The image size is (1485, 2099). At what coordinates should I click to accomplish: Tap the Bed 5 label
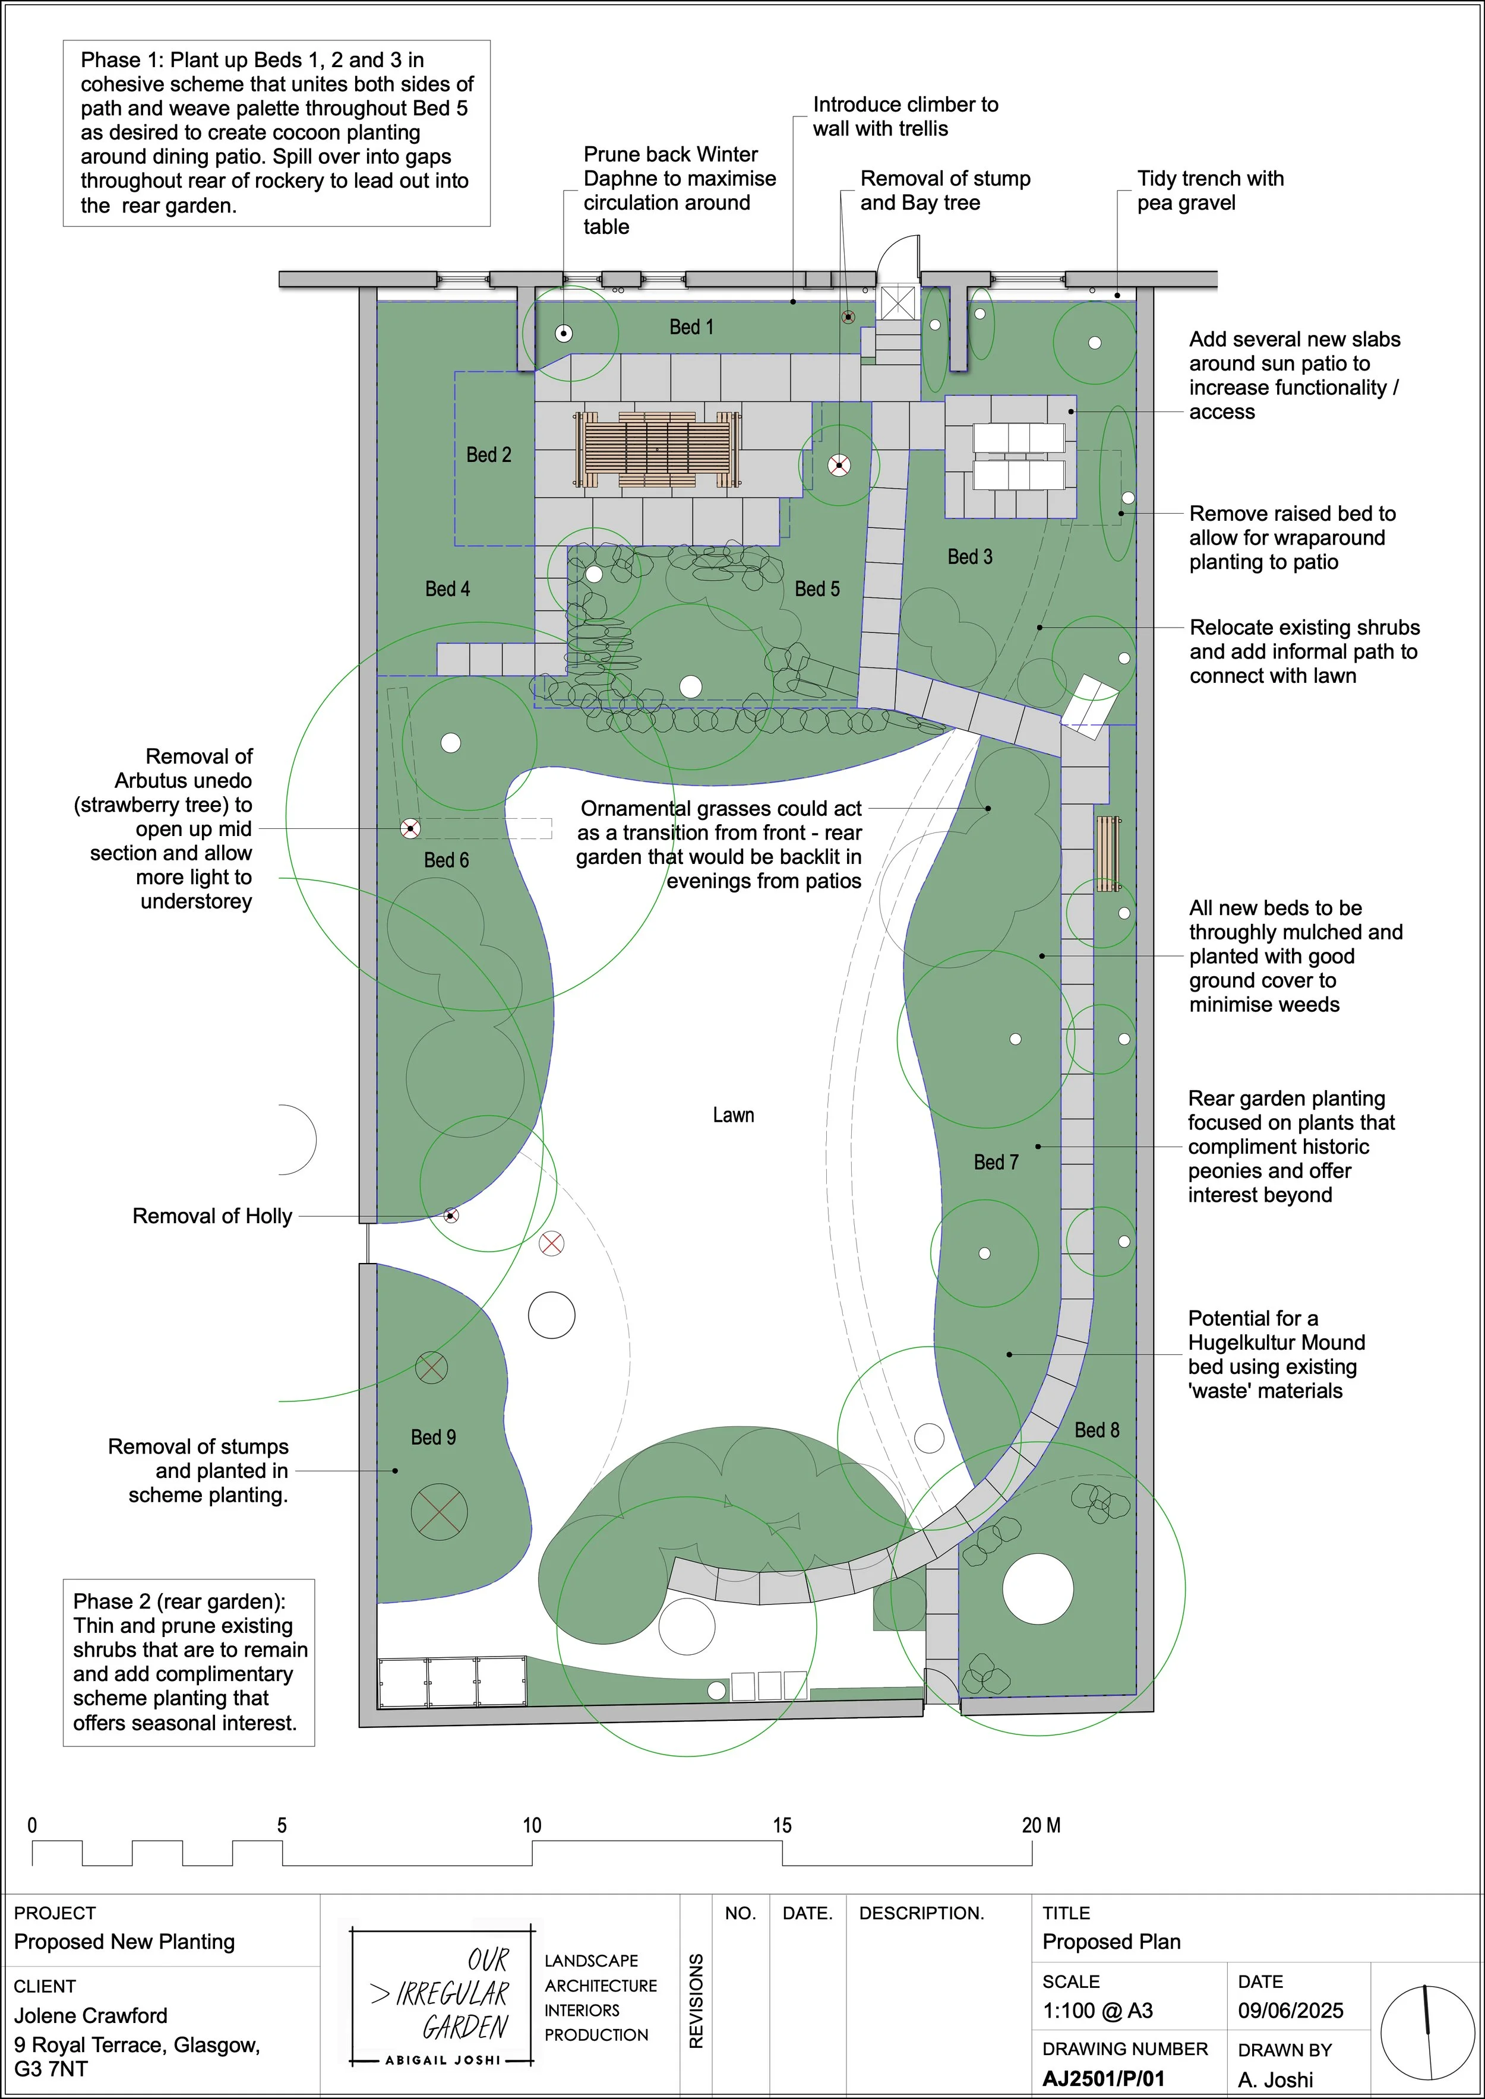pyautogui.click(x=817, y=590)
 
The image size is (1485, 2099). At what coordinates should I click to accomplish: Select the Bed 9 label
pyautogui.click(x=432, y=1437)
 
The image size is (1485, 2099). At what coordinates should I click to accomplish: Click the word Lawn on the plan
pyautogui.click(x=734, y=1115)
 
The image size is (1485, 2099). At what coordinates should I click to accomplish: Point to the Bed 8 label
pyautogui.click(x=1097, y=1430)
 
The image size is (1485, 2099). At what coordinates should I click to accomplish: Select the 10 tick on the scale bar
pyautogui.click(x=532, y=1826)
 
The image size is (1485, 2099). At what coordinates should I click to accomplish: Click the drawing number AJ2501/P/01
pyautogui.click(x=1104, y=2079)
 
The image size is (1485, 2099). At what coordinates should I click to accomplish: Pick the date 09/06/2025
pyautogui.click(x=1290, y=2011)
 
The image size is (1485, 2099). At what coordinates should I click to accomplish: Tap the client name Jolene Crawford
pyautogui.click(x=90, y=2016)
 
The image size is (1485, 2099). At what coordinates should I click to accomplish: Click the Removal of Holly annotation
pyautogui.click(x=212, y=1217)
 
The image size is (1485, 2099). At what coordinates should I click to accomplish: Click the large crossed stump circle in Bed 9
pyautogui.click(x=439, y=1513)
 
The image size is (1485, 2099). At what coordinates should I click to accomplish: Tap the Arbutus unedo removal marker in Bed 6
pyautogui.click(x=410, y=829)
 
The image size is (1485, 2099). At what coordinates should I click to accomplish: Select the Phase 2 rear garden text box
pyautogui.click(x=189, y=1662)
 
